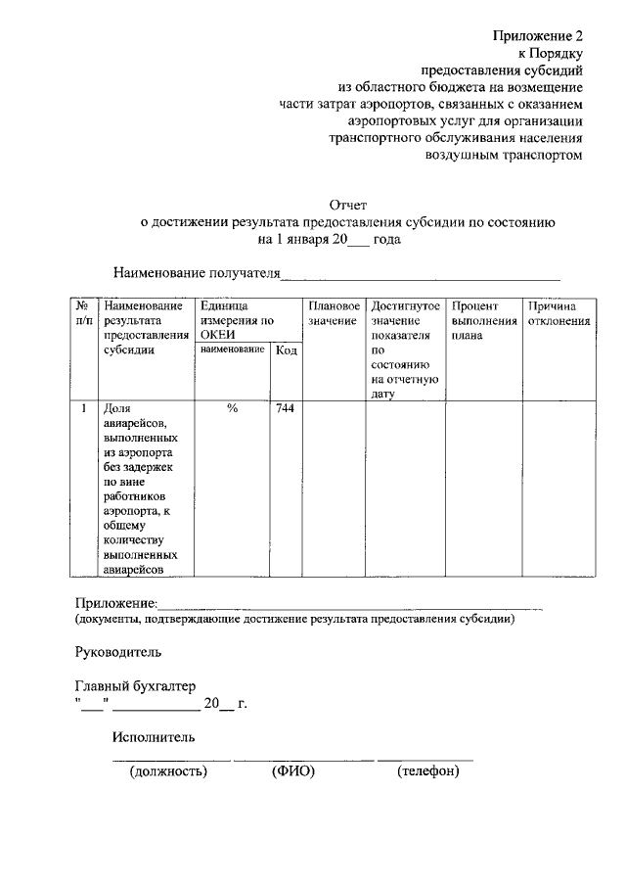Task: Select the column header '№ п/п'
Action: (x=83, y=313)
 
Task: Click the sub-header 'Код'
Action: (x=287, y=350)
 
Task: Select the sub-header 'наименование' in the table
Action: (x=232, y=350)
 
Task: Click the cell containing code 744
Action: (x=286, y=408)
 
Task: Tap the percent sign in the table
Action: (x=232, y=408)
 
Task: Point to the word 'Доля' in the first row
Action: (x=117, y=408)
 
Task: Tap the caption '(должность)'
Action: (x=168, y=771)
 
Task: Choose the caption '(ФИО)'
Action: (x=292, y=771)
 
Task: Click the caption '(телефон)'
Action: (x=427, y=771)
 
